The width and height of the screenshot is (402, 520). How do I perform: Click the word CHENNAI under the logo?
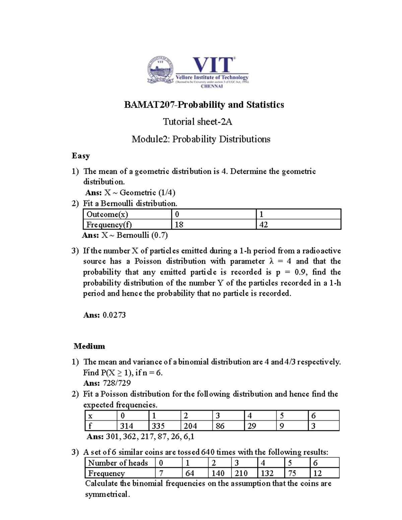(212, 86)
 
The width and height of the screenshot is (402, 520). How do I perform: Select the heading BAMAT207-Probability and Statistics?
(204, 105)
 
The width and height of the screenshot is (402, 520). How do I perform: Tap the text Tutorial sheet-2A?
(198, 122)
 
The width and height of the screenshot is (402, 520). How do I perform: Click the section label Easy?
(81, 156)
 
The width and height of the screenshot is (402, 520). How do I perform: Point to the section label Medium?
(89, 346)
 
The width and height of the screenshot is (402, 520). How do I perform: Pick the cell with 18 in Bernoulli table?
(180, 225)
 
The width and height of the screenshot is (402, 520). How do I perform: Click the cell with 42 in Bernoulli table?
(264, 225)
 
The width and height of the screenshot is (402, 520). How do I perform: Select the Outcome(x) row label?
(107, 214)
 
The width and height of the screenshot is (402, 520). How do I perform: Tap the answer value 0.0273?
(114, 315)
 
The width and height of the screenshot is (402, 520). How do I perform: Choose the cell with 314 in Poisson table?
(127, 426)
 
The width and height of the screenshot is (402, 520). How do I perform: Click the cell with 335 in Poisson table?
(158, 426)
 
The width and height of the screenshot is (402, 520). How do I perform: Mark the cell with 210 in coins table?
(241, 473)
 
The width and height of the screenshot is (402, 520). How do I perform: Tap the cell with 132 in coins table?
(267, 473)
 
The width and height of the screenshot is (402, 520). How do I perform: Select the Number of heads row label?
(118, 463)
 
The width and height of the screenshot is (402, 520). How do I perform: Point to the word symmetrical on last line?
(107, 494)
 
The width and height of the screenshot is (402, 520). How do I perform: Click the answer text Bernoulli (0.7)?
(142, 235)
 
